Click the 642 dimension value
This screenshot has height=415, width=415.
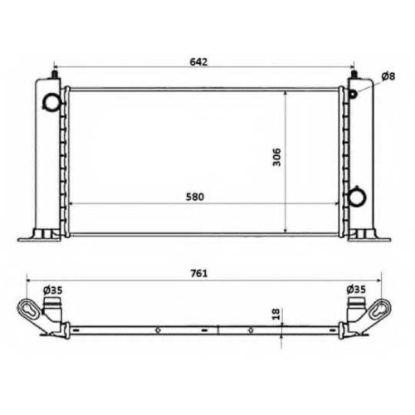coord(198,61)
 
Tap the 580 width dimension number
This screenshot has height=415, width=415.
coord(195,197)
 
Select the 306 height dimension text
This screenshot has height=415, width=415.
coord(276,157)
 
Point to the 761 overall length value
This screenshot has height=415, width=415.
coord(199,273)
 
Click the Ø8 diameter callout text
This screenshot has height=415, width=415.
coord(388,76)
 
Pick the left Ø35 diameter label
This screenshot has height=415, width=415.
coord(53,290)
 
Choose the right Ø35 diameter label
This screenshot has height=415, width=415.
coord(356,290)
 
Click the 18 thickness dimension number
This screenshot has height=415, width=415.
coord(276,314)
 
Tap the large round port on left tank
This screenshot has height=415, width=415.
coord(51,102)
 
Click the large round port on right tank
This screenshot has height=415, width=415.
coord(357,197)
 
